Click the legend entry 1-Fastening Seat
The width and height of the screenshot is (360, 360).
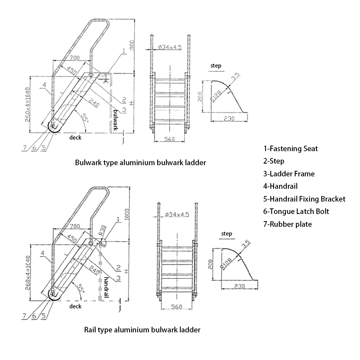point(290,149)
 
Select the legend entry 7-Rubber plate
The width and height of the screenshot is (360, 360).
point(287,224)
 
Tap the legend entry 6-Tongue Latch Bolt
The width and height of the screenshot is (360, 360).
point(296,211)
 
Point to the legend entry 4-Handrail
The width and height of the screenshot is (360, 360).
point(280,186)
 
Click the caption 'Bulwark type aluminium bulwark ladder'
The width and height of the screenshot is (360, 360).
point(141,163)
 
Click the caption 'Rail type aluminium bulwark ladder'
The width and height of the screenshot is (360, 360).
point(142,330)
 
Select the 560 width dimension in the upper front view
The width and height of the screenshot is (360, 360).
point(168,139)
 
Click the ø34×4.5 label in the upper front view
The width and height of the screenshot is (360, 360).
point(170,47)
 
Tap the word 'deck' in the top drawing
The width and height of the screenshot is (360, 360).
point(75,138)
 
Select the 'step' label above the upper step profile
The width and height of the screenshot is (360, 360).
point(216,66)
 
